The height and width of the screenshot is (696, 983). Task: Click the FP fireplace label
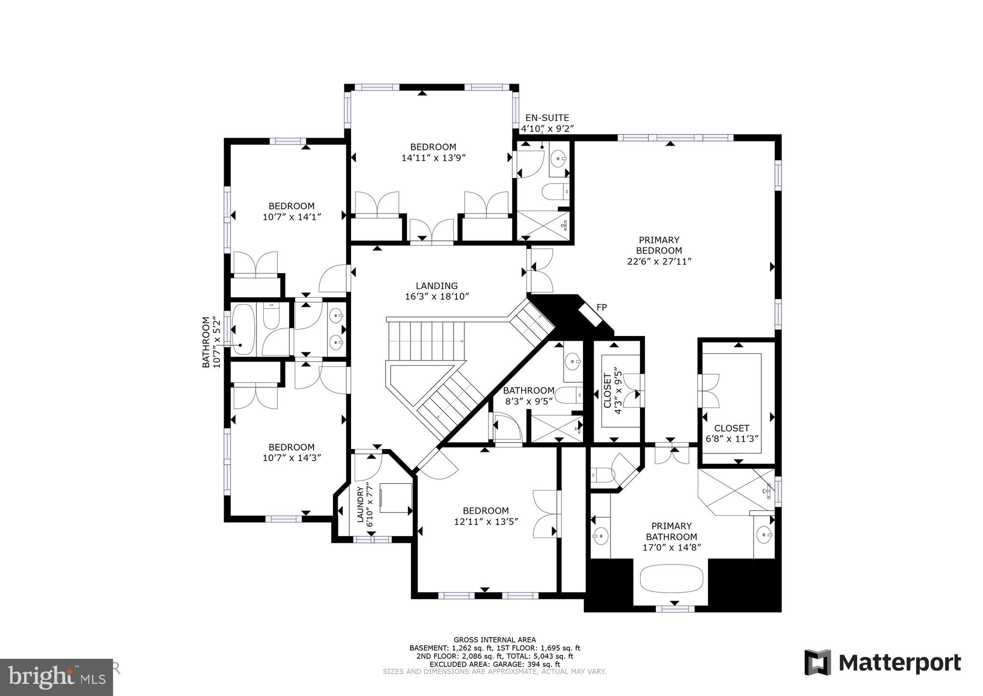601,307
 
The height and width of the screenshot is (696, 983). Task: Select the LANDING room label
437,286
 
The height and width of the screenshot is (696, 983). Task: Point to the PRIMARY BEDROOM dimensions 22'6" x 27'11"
659,261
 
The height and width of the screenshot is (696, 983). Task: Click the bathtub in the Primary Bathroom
672,579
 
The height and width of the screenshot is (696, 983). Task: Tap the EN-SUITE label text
547,117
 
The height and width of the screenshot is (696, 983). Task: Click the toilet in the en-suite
556,192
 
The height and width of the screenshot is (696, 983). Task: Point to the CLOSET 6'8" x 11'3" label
732,433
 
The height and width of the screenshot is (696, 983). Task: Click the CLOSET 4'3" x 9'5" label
612,391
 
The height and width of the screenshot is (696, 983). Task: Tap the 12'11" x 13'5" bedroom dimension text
485,522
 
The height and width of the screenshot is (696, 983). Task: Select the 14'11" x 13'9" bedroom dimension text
433,158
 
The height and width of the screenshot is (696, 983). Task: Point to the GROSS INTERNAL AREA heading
495,639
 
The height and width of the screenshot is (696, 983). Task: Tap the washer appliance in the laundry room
395,497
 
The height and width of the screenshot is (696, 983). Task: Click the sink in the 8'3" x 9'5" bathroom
572,361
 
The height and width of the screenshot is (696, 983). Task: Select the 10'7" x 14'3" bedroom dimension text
292,458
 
